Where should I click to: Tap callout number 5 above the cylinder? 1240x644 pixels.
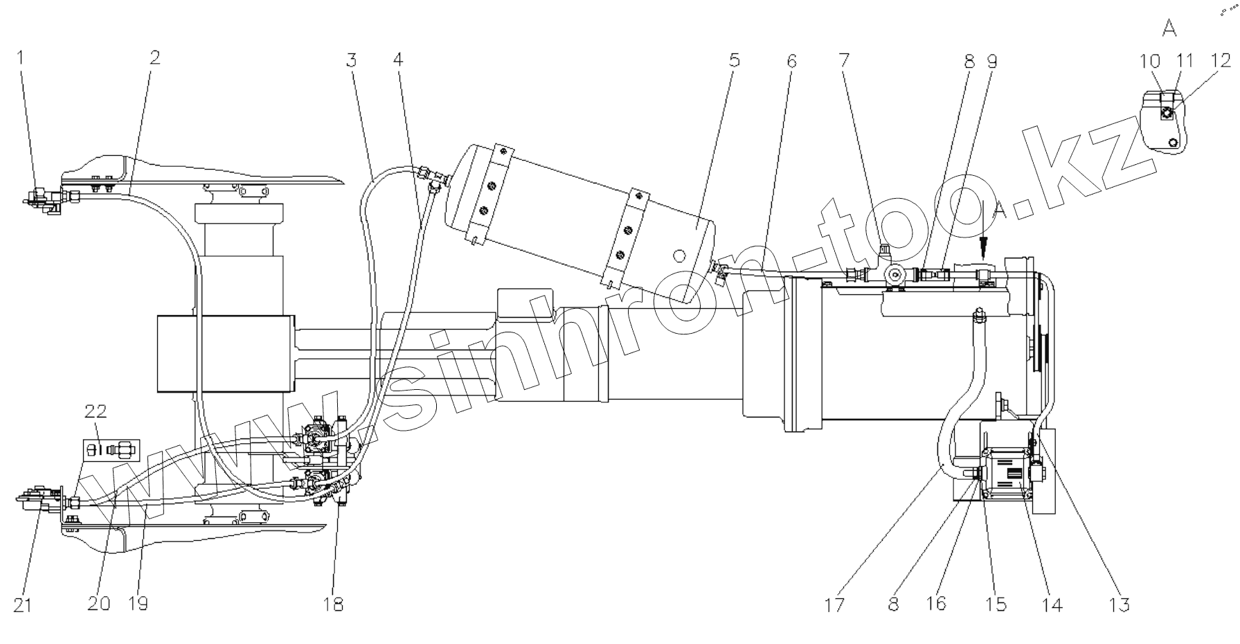click(735, 60)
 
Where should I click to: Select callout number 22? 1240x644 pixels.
click(96, 411)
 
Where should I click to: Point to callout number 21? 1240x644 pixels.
click(23, 605)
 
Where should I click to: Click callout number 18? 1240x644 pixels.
click(333, 605)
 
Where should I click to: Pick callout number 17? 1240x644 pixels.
click(835, 605)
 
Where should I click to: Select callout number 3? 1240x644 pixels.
click(352, 60)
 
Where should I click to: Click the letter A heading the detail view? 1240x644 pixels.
click(1169, 28)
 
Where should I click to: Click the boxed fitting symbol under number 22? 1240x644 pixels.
click(111, 451)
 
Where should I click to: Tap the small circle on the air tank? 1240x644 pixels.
click(681, 256)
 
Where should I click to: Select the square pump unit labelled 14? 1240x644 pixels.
click(1007, 476)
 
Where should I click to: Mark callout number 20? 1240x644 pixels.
click(99, 605)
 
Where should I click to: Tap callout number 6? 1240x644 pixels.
click(791, 60)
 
